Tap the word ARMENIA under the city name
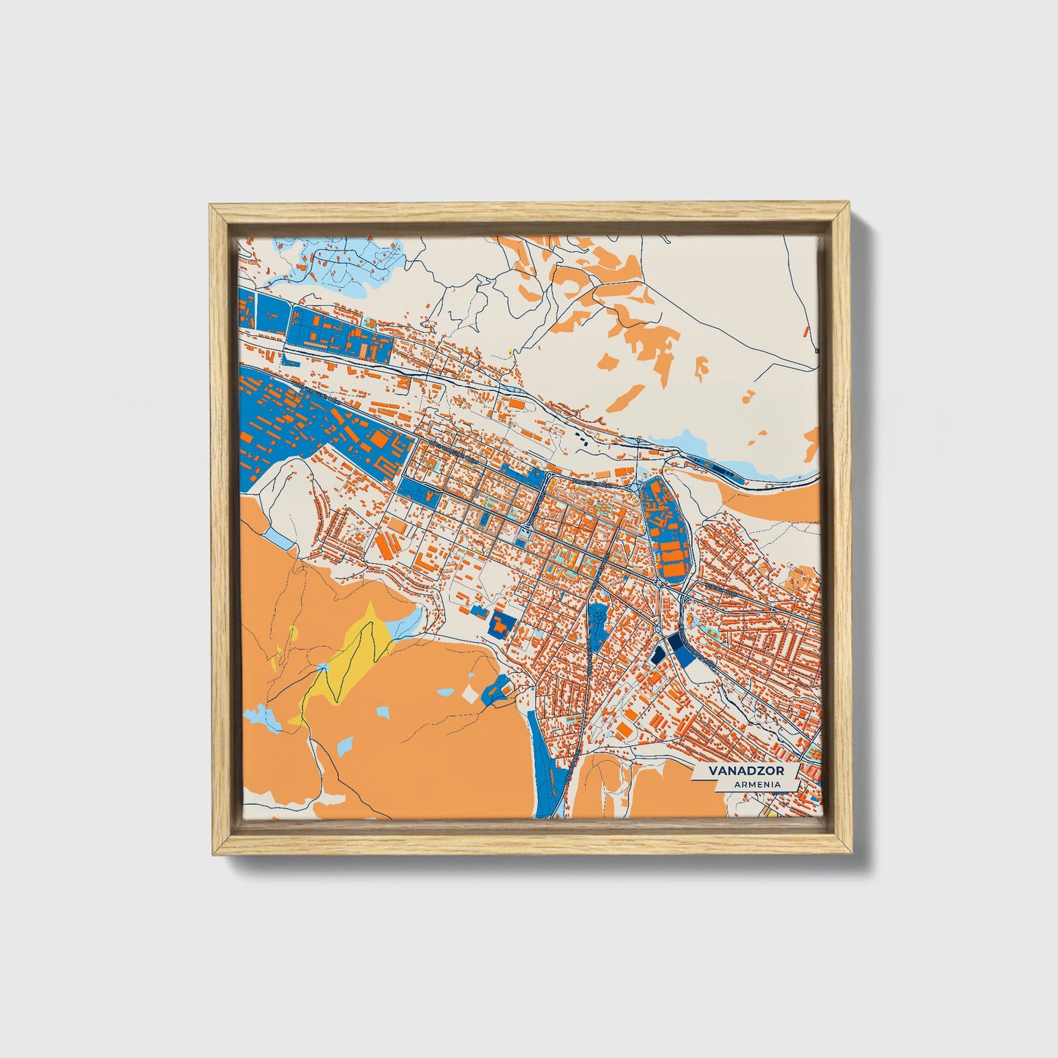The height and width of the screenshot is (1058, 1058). [x=755, y=784]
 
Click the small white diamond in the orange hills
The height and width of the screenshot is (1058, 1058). [x=469, y=693]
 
